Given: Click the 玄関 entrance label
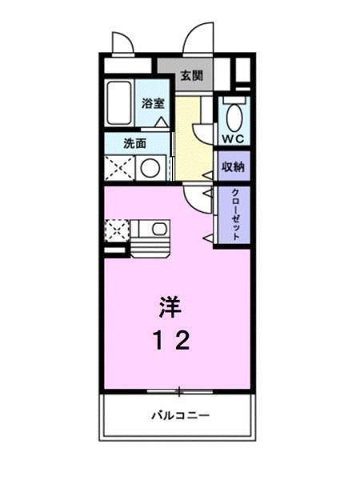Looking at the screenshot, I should click(190, 77).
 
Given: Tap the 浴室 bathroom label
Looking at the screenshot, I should click(153, 103).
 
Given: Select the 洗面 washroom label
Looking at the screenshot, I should click(134, 144).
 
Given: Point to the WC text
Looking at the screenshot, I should click(233, 139).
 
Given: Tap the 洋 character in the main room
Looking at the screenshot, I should click(167, 306).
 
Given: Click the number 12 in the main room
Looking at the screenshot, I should click(171, 342).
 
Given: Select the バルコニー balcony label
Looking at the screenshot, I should click(179, 417).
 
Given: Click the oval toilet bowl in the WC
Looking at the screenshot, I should click(234, 116).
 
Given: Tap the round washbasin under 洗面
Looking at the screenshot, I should click(149, 167).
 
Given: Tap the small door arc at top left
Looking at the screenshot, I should click(122, 42).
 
